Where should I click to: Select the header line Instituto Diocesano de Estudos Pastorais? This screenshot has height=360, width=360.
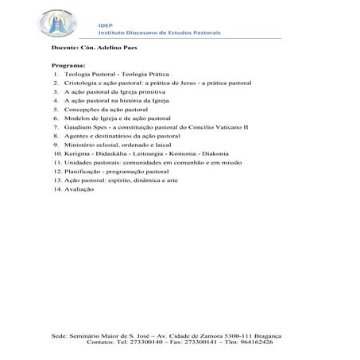158,33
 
